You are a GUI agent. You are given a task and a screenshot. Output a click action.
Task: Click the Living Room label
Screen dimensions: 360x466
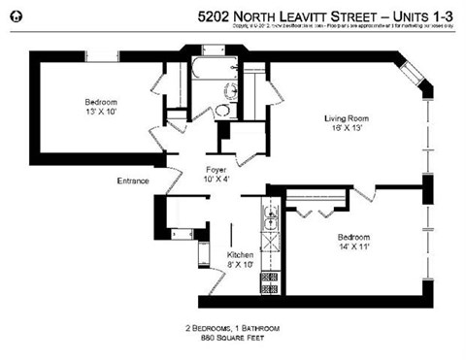coord(346,119)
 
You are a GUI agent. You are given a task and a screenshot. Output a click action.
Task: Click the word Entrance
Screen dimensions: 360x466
coord(133,180)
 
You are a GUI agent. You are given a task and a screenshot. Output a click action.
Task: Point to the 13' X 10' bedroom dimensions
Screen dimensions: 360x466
coord(102,112)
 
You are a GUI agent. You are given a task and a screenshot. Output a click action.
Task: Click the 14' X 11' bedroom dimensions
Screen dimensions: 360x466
coord(354,247)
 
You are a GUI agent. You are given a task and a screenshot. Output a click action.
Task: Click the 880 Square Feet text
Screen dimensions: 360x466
coord(219,338)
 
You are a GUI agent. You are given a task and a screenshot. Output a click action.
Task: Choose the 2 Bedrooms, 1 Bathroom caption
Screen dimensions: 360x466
coord(220,327)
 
